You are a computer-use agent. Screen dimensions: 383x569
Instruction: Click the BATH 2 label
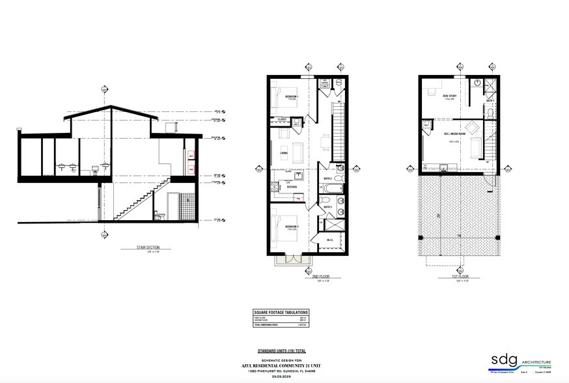[328, 178]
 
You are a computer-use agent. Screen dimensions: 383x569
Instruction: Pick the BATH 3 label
[328, 207]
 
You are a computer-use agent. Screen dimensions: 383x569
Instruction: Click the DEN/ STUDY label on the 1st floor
[449, 96]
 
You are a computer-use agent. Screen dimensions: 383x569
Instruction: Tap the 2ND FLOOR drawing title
[314, 276]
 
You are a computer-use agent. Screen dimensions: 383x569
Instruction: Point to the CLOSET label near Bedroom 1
[282, 120]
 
